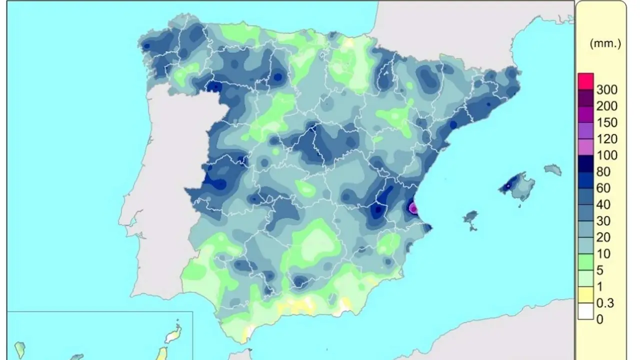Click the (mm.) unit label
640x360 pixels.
coord(605,43)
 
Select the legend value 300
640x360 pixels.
coord(606,90)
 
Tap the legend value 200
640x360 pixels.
coord(606,106)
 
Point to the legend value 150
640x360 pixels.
coord(606,122)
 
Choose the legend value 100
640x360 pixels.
coord(606,155)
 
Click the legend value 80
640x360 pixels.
coord(603,171)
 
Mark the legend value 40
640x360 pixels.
coord(603,204)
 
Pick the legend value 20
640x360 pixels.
coord(603,237)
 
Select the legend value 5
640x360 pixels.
coord(600,270)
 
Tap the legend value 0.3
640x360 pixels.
coord(605,303)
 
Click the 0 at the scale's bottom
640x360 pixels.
coord(600,319)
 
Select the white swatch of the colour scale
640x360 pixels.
coord(585,311)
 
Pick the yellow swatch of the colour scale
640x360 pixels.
coord(585,294)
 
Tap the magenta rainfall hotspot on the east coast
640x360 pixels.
coord(413,207)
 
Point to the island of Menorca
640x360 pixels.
coord(552,170)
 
